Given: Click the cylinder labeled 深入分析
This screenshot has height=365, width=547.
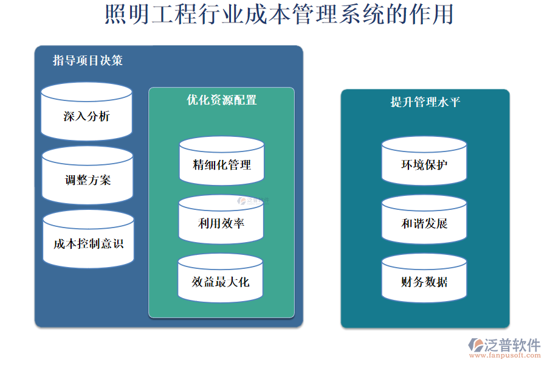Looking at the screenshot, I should click(x=86, y=116).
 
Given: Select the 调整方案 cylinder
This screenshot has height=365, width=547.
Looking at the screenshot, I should click(x=88, y=179).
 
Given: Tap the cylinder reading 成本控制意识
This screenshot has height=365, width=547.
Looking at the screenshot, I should click(x=88, y=243).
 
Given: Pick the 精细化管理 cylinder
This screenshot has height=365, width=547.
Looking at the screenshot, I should click(x=222, y=164).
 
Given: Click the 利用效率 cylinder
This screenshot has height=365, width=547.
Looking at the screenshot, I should click(x=221, y=223).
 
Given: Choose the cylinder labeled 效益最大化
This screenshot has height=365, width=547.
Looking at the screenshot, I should click(x=221, y=282).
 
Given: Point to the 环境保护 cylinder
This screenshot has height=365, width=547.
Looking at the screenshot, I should click(x=424, y=164).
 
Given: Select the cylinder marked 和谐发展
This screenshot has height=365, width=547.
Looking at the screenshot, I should click(x=424, y=223).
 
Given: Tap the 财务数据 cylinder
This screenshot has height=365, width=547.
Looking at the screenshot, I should click(x=424, y=282).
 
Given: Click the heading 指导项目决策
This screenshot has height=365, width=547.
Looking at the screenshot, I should click(x=88, y=61).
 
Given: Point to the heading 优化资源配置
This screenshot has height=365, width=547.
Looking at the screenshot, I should click(x=222, y=100).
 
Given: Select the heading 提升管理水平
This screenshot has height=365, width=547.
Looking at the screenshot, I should click(x=425, y=102).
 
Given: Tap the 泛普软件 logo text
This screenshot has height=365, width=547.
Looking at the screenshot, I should click(x=512, y=345).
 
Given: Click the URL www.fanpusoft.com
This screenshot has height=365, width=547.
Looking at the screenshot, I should click(x=507, y=357).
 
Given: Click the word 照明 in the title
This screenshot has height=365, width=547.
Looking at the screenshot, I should click(x=119, y=15).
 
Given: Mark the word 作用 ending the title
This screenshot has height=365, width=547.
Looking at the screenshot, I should click(x=439, y=15).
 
